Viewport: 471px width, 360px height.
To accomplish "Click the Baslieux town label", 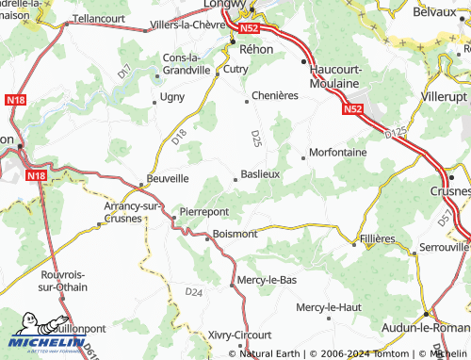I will click(x=261, y=174).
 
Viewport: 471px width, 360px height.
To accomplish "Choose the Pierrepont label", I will click(x=204, y=212).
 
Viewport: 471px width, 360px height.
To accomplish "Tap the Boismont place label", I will click(x=235, y=233).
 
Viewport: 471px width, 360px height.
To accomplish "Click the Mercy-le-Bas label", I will click(x=268, y=279).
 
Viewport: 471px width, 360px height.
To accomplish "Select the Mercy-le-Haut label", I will click(x=328, y=307).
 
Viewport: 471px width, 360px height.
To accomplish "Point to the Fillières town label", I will click(x=378, y=239).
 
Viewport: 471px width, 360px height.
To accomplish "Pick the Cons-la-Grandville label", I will click(x=188, y=61).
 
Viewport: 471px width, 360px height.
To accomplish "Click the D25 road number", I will click(x=255, y=139).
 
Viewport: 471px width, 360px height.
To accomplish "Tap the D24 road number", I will click(x=194, y=292).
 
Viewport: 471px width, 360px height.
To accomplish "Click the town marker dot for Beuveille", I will click(x=142, y=182).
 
